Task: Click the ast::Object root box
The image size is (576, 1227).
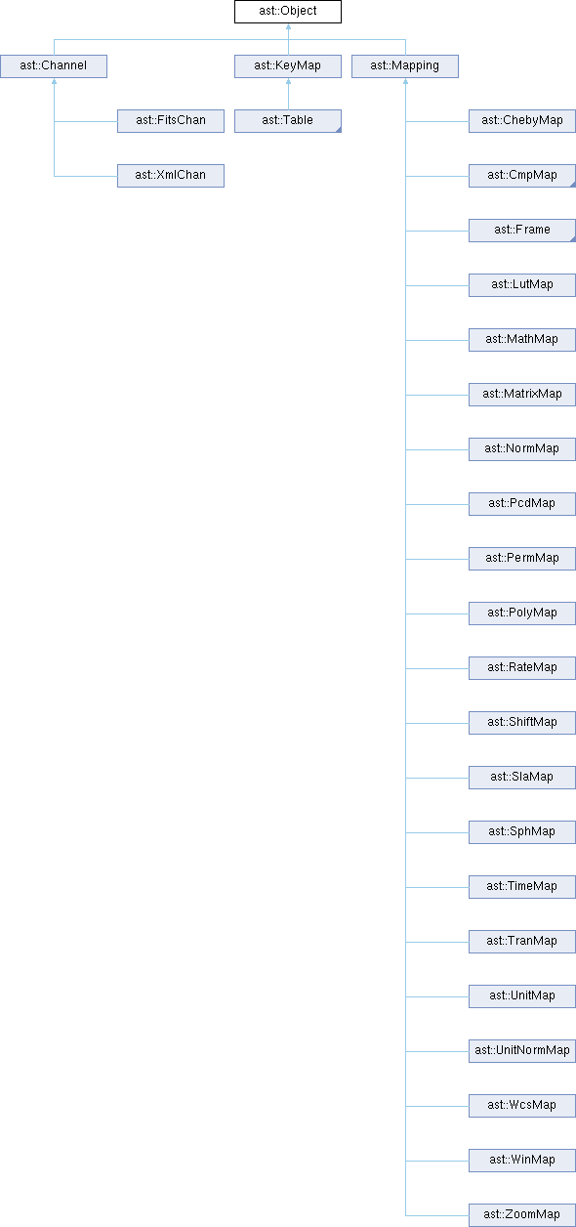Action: pos(287,12)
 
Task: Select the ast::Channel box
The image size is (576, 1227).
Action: pos(54,66)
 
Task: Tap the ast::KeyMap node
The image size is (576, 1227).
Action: pos(287,66)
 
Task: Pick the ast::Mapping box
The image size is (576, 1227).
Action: pos(404,66)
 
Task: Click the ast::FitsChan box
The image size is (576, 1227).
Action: pos(170,121)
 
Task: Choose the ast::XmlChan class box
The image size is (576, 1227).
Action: pos(170,176)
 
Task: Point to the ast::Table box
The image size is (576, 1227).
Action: pos(287,121)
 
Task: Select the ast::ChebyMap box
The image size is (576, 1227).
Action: pos(521,121)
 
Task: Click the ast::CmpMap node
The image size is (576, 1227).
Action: pos(521,176)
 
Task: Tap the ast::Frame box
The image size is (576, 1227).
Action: pos(521,231)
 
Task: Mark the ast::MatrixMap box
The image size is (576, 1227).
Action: pos(521,395)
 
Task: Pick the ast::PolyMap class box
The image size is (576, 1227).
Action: pos(521,613)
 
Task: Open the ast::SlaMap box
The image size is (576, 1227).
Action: pos(521,778)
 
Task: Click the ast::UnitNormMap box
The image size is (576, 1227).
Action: pos(521,1050)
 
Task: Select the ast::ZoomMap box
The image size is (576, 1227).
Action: pos(521,1215)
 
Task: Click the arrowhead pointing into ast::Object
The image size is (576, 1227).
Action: pos(288,26)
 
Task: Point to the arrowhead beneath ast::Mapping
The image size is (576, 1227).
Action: pos(405,81)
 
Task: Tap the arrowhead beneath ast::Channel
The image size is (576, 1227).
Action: pos(54,81)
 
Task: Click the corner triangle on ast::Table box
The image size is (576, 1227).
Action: pos(339,130)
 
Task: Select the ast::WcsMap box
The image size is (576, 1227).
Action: pos(521,1106)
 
